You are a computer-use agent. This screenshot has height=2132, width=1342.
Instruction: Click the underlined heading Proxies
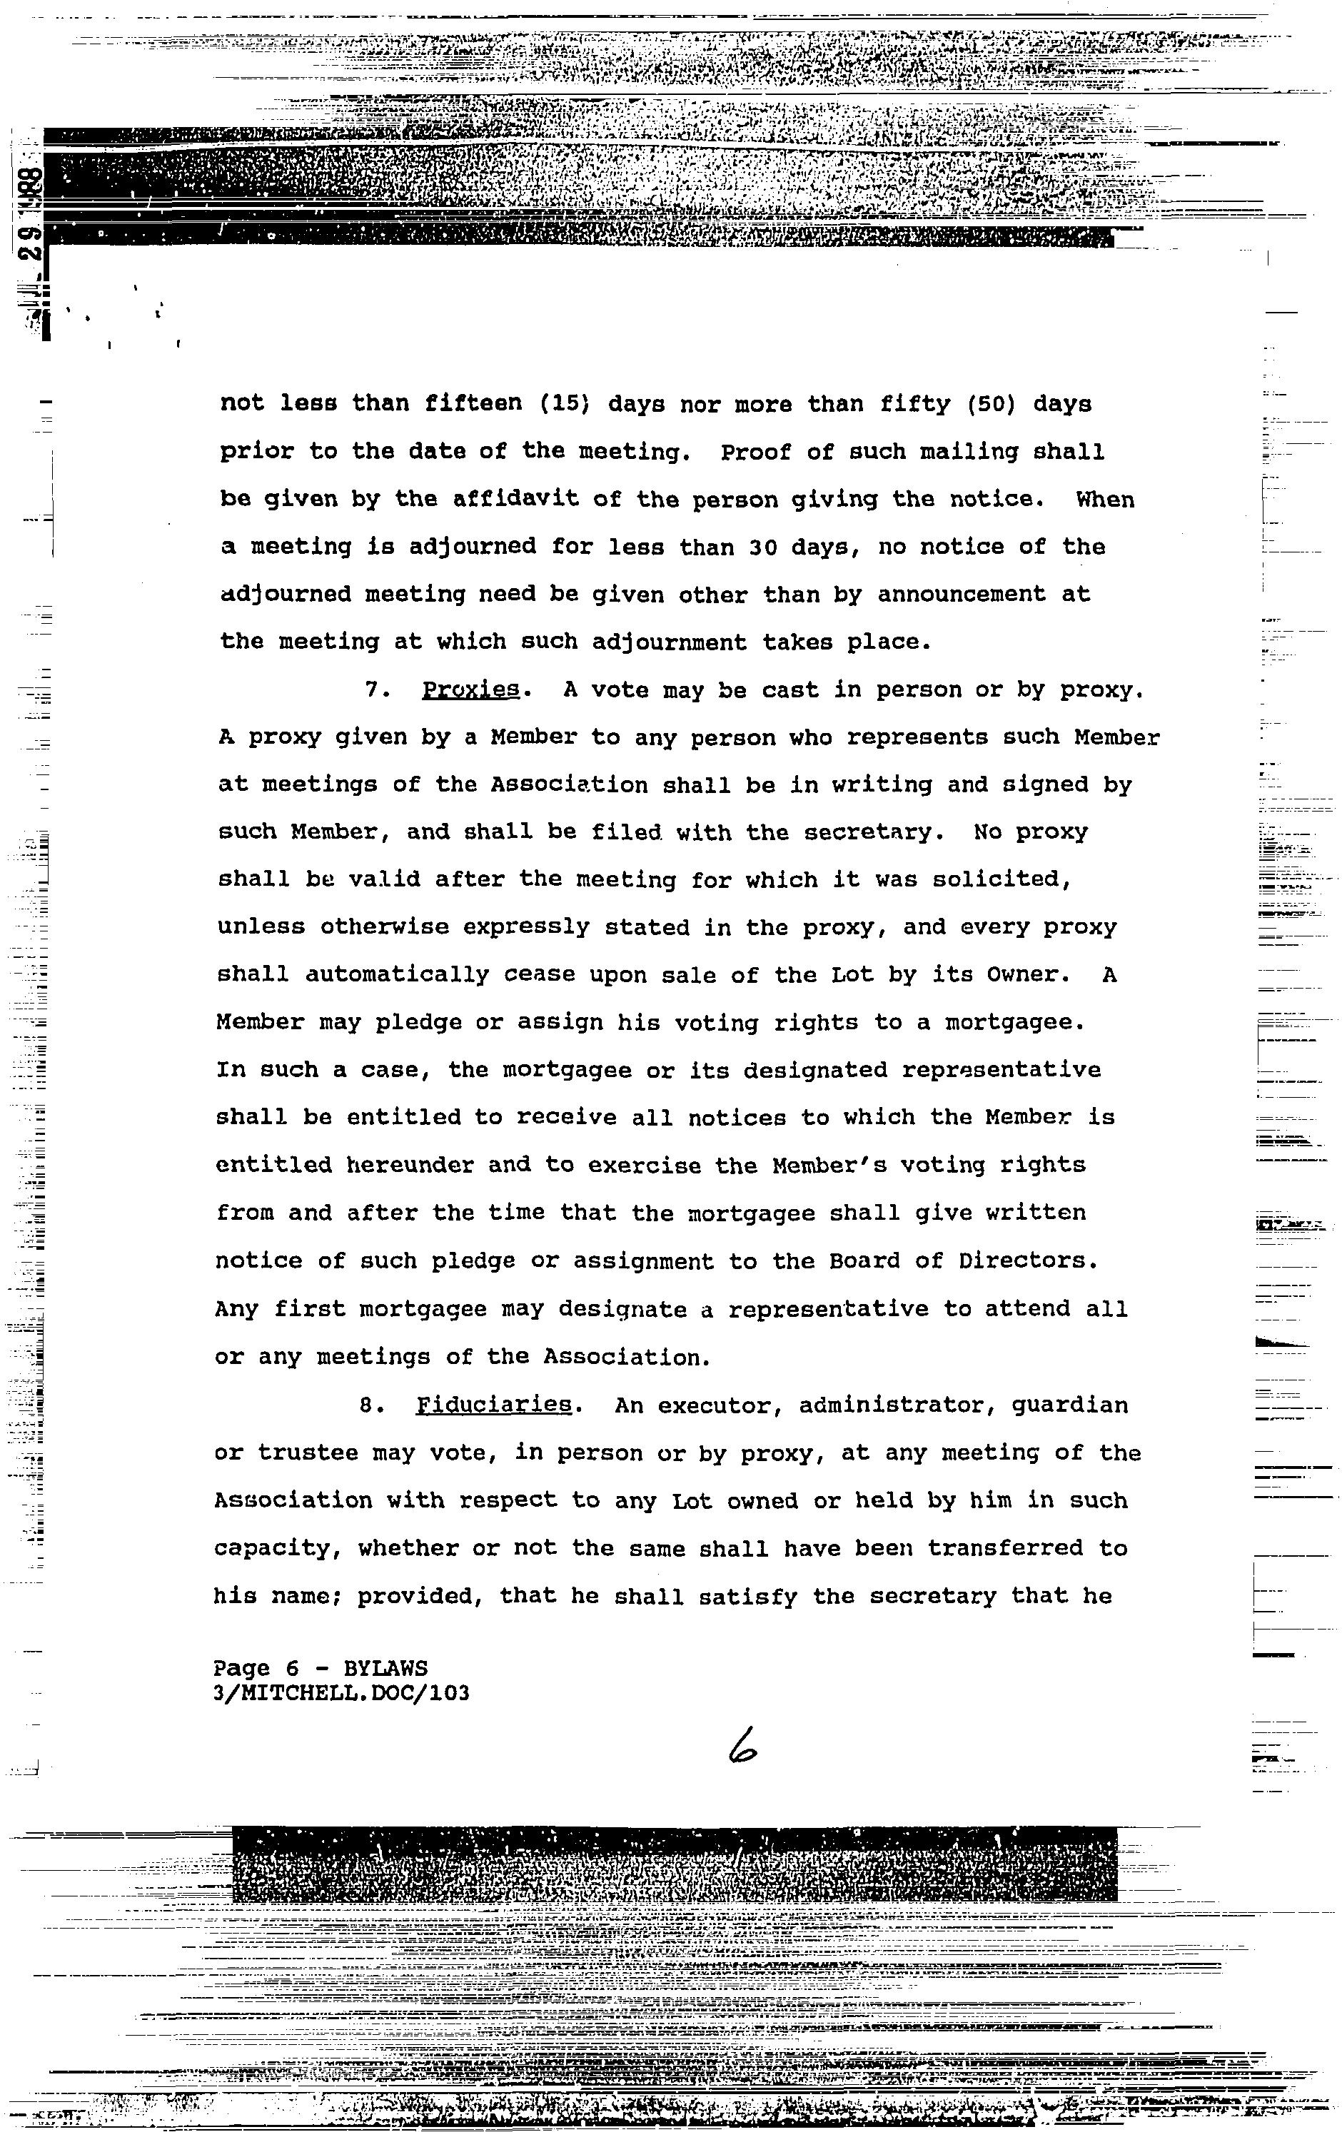469,691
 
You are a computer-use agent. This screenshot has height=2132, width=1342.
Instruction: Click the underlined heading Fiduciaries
493,1406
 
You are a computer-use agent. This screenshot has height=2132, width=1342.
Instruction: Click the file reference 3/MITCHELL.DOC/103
342,1693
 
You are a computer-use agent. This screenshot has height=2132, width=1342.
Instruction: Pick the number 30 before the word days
763,547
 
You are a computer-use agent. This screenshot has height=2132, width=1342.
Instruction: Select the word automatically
397,975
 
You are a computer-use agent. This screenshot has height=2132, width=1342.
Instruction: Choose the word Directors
1027,1260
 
